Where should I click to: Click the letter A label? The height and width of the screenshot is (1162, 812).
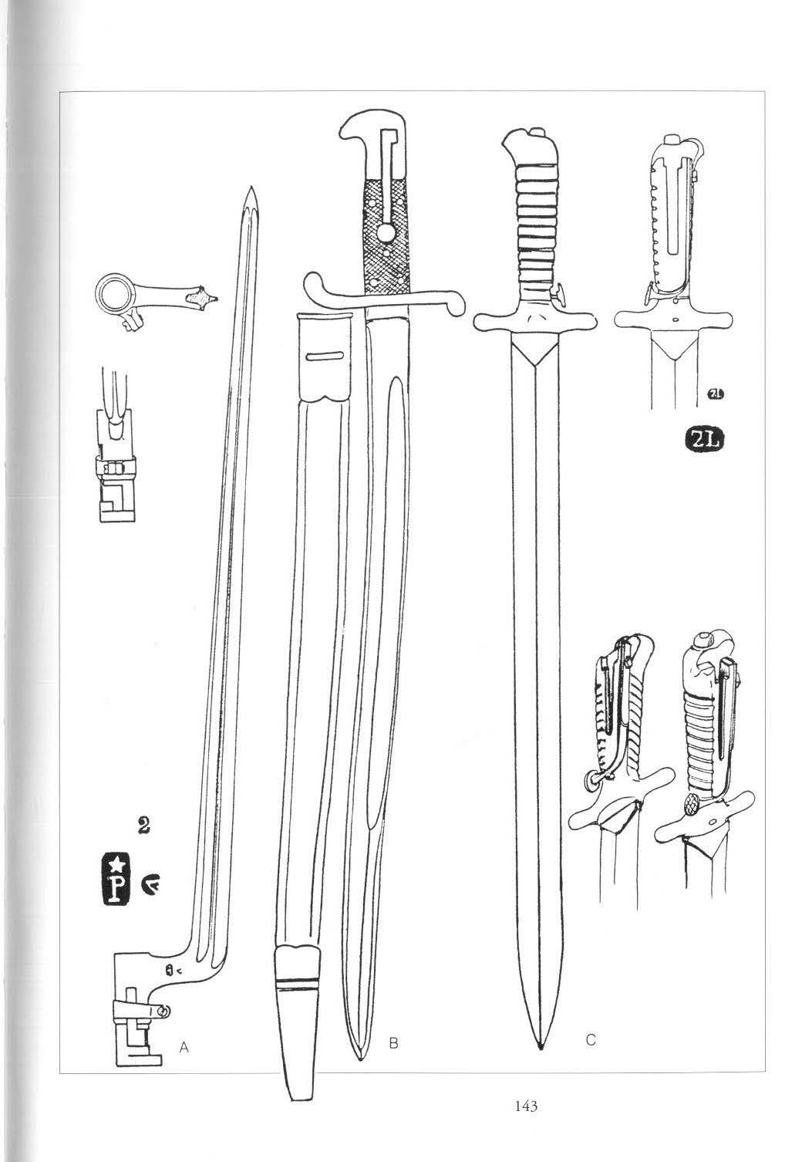click(184, 1046)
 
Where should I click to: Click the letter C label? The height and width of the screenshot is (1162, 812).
click(590, 1040)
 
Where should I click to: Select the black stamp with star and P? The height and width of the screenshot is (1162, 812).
click(117, 878)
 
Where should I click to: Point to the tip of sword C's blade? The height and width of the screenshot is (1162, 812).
click(540, 1047)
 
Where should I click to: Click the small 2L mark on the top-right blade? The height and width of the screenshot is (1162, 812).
click(714, 396)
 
